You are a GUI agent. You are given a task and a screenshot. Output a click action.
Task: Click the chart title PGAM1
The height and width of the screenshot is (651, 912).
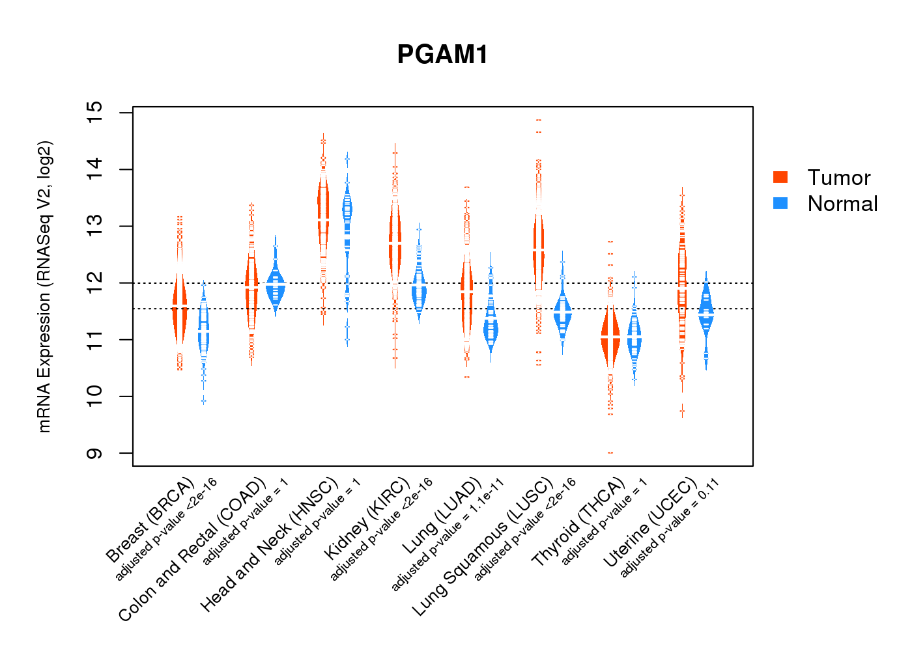click(x=442, y=55)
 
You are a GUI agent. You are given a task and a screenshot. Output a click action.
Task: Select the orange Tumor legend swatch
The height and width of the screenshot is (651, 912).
click(x=780, y=177)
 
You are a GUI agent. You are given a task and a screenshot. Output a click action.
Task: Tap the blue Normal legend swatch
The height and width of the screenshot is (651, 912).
click(x=780, y=203)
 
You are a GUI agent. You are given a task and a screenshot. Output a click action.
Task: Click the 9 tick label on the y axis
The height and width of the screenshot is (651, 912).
click(x=95, y=453)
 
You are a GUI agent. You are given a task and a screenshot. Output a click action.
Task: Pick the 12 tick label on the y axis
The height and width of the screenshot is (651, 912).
click(x=95, y=283)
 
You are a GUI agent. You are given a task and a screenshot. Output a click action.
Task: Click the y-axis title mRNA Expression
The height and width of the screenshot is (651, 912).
click(x=44, y=286)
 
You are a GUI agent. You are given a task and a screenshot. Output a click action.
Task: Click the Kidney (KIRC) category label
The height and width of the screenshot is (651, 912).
click(x=367, y=518)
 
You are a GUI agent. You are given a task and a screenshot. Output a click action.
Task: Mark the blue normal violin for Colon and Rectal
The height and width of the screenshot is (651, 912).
click(x=276, y=286)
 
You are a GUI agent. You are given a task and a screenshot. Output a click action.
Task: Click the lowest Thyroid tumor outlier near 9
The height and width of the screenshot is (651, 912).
click(x=610, y=452)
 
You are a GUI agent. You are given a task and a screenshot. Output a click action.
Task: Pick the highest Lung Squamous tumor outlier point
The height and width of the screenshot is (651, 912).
click(x=539, y=120)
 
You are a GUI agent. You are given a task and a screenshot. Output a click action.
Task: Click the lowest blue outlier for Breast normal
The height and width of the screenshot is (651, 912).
click(x=203, y=400)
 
